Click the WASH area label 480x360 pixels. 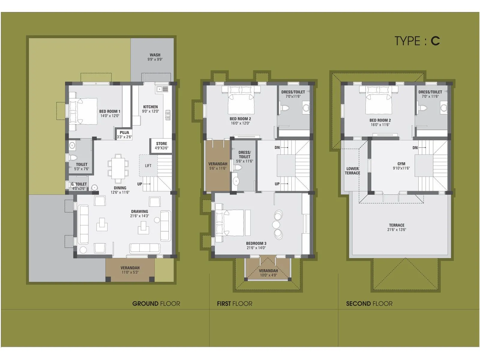tap(155, 55)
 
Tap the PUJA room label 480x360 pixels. tap(124, 132)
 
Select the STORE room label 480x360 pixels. tap(161, 143)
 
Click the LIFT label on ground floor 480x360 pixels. tap(148, 166)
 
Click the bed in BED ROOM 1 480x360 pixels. tap(83, 111)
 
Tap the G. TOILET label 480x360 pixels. tap(79, 184)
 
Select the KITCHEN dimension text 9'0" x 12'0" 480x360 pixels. tap(150, 111)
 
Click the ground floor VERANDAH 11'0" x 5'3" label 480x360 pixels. tap(130, 270)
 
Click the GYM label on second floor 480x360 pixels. tap(401, 164)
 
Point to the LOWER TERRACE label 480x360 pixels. tap(352, 171)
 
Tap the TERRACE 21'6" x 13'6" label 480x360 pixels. tap(397, 227)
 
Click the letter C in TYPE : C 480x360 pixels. tap(435, 41)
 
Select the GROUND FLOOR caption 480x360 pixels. tap(156, 304)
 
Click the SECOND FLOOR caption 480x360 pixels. tap(369, 304)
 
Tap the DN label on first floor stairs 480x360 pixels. tap(277, 148)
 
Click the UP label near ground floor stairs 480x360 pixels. tap(139, 184)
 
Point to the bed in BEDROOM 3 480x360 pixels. tap(229, 222)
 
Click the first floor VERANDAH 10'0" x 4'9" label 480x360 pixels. tap(268, 273)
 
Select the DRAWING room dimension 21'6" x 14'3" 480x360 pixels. tap(139, 216)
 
